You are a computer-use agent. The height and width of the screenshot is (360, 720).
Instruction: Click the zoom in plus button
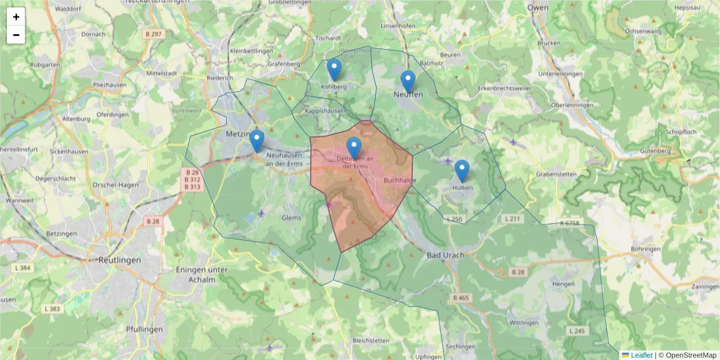[16, 17]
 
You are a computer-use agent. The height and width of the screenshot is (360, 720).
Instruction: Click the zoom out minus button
[16, 35]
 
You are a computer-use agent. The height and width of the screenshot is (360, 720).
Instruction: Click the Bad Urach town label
[445, 255]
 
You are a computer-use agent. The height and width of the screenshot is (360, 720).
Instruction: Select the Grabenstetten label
[556, 175]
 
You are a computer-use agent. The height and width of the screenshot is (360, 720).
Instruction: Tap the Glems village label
[291, 218]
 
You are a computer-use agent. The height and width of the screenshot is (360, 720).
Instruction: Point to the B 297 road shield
[154, 34]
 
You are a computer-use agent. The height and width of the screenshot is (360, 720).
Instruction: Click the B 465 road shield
[461, 298]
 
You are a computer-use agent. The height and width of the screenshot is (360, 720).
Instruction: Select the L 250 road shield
[455, 220]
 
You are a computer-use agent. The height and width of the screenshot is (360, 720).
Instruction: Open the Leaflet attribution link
[641, 355]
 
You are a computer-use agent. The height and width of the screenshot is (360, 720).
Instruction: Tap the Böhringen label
[646, 249]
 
